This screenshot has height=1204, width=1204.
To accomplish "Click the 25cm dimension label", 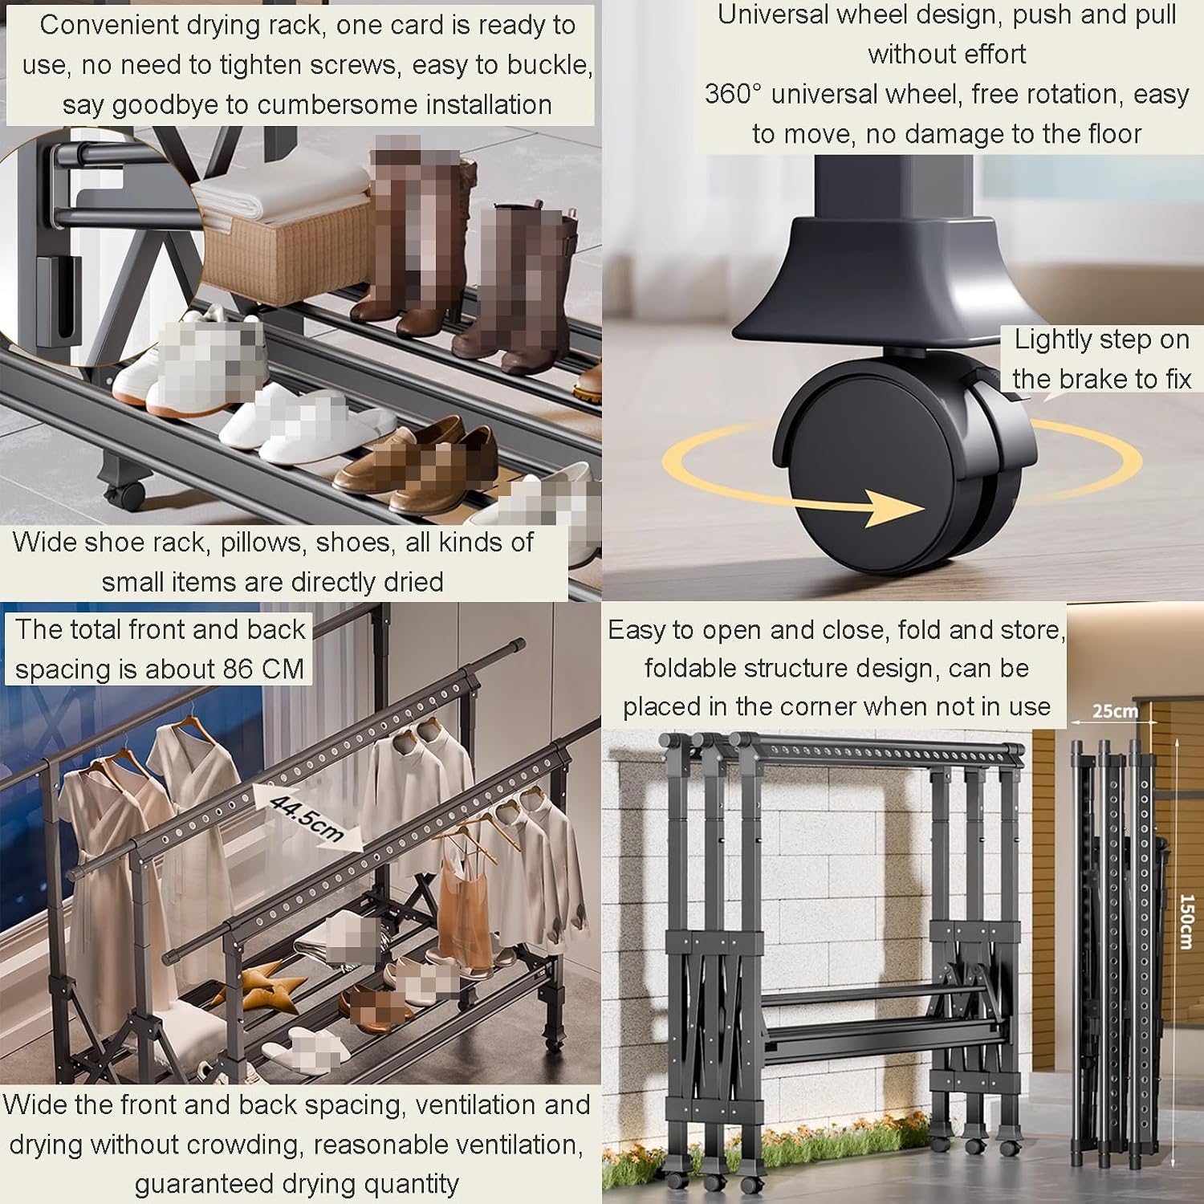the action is tap(1115, 710).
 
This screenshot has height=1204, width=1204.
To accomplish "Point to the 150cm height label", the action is tap(1187, 921).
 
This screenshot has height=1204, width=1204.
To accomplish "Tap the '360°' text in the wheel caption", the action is tap(733, 94).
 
